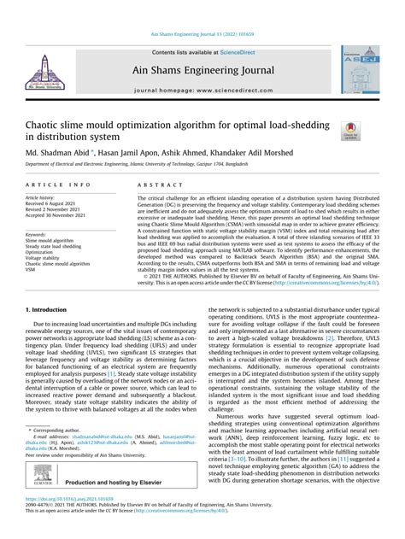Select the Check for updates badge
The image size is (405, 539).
coord(349,130)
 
